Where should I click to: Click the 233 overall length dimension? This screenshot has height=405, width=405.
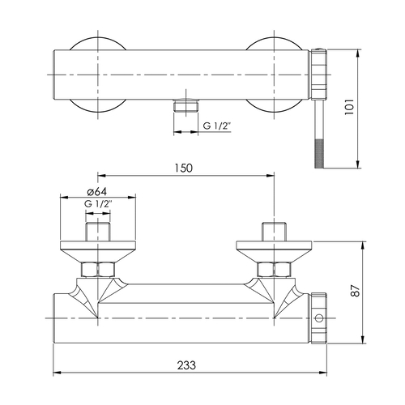coord(186,365)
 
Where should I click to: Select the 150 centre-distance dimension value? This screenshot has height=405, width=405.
coord(184,168)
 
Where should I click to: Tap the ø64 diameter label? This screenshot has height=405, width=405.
coord(97,191)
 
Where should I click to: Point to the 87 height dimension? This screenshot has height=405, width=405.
coord(356,291)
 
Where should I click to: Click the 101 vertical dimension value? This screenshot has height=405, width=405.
coord(349,107)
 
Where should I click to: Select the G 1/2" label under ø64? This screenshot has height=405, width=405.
coord(98,203)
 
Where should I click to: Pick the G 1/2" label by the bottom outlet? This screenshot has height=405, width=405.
coord(217,126)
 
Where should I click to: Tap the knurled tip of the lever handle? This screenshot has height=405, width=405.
coord(319,154)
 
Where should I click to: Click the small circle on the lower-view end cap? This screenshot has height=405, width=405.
coord(319,318)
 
